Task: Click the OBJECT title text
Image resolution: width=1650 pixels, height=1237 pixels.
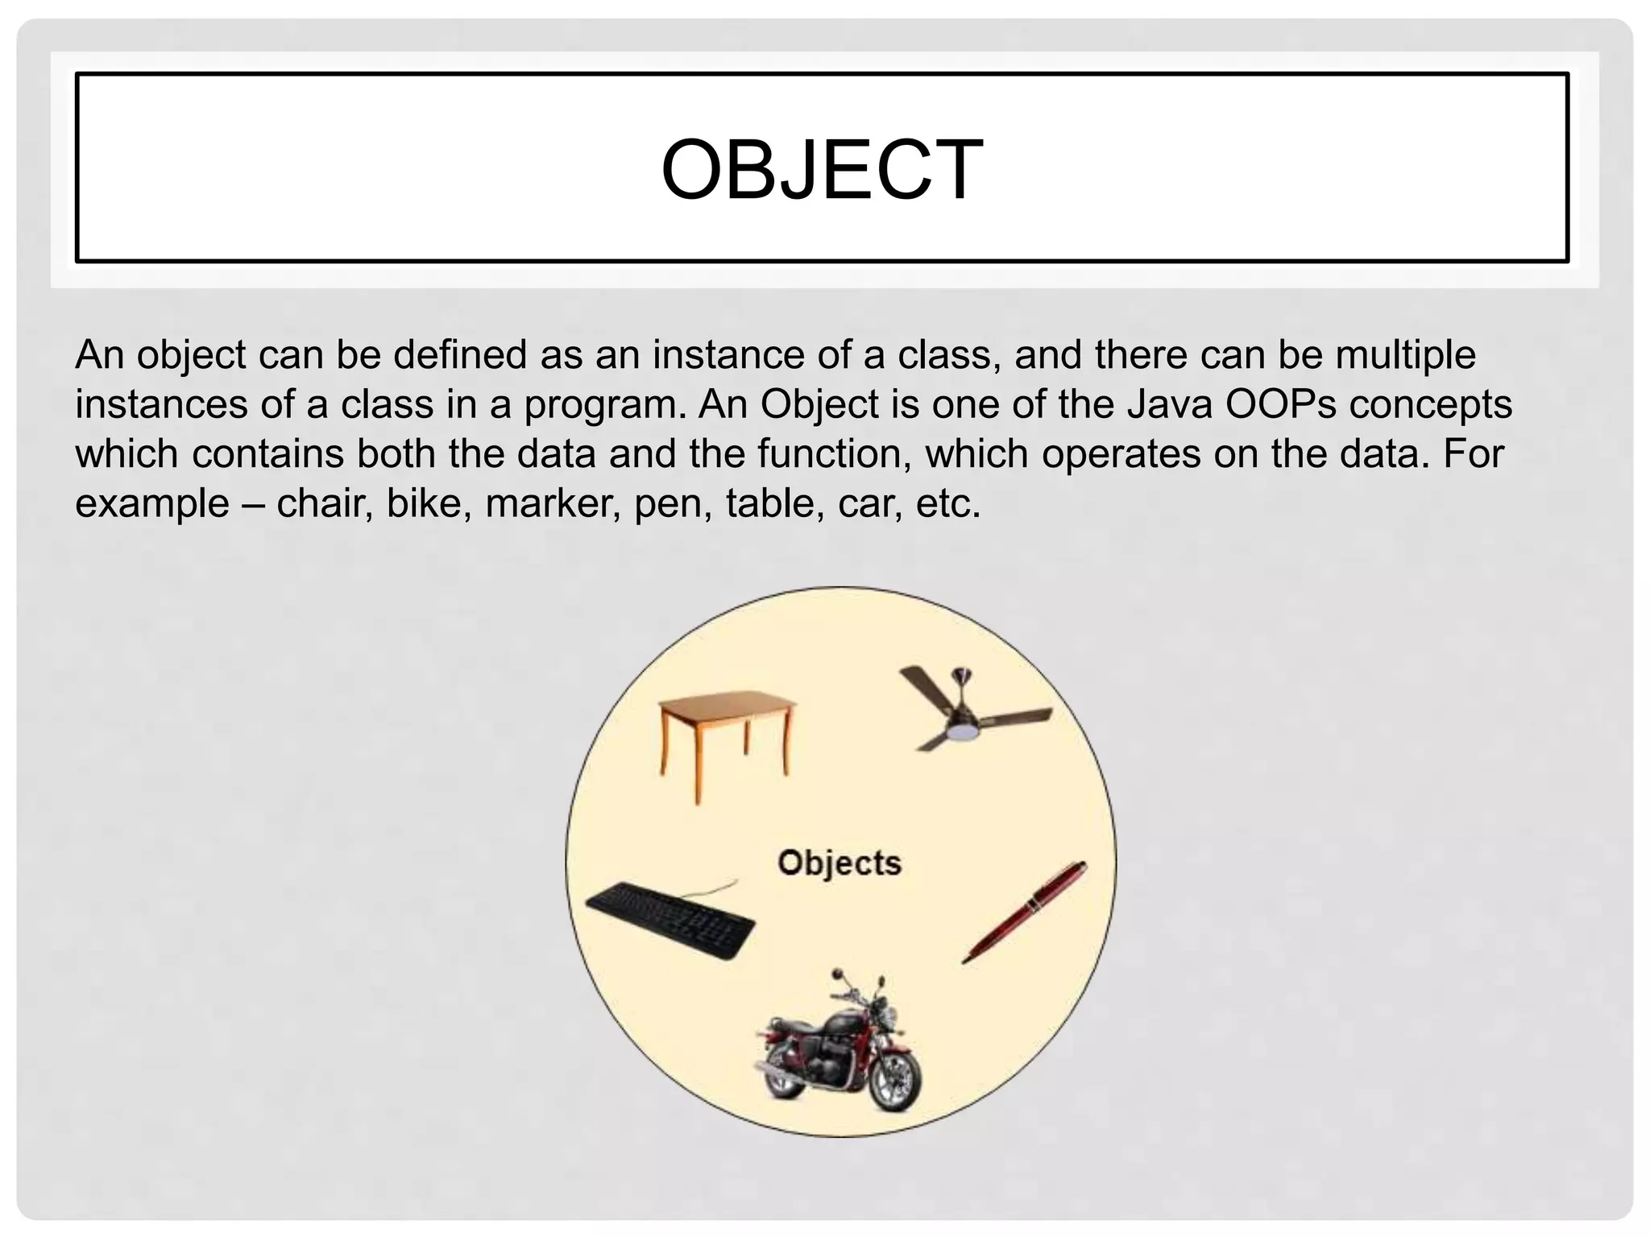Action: (822, 170)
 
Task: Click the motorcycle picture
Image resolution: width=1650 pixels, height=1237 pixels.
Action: (838, 1047)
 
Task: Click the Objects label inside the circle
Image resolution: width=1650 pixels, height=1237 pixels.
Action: (839, 863)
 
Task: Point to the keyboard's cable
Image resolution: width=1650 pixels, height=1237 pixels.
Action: (709, 890)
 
